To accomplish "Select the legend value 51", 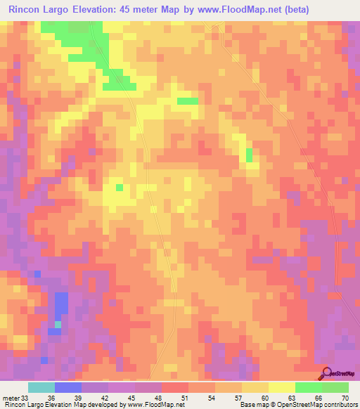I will click(184, 397).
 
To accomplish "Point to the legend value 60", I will click(264, 397).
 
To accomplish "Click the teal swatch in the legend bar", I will click(41, 387).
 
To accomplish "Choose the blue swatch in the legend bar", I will click(67, 387).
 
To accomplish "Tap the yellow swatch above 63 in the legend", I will click(281, 387).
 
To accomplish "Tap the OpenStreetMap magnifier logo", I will click(326, 373).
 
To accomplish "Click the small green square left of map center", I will click(119, 187).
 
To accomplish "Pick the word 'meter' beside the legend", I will click(10, 397).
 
